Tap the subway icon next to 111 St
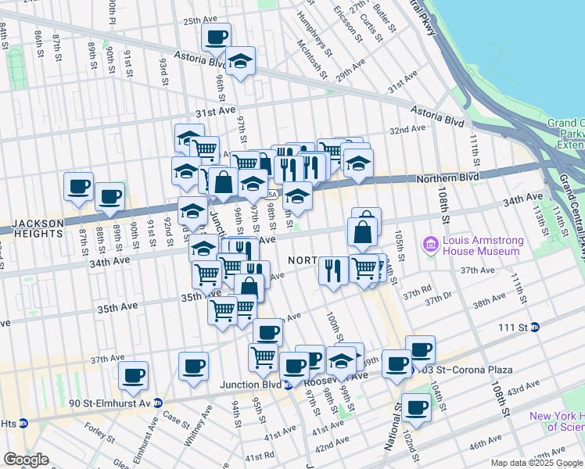pos(536,327)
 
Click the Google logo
pos(26,460)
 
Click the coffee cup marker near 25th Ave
pos(216,36)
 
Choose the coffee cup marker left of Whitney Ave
pos(193,366)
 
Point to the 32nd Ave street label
pos(407,130)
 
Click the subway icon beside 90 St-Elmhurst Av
pos(157,403)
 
